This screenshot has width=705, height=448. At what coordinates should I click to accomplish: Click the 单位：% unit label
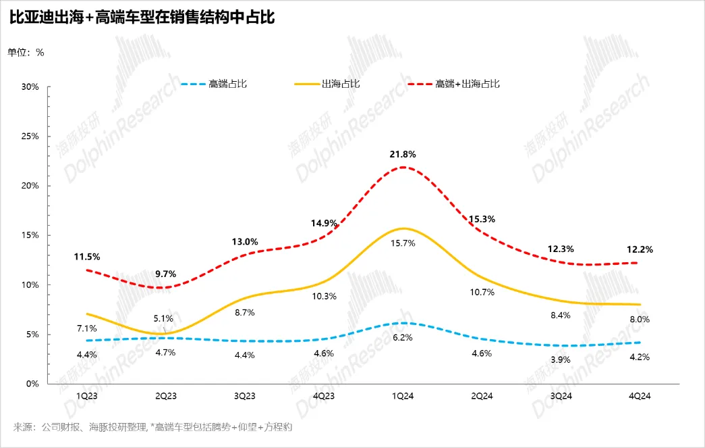click(x=26, y=52)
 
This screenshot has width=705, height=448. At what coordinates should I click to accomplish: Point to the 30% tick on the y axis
click(x=30, y=87)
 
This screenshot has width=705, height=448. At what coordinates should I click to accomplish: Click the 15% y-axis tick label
click(x=30, y=235)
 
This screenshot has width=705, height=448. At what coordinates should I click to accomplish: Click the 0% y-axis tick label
click(x=33, y=384)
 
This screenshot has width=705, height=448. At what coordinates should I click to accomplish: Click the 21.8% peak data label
click(x=403, y=154)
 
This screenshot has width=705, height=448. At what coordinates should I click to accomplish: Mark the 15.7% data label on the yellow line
click(x=403, y=243)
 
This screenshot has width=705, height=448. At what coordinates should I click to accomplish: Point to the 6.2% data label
click(x=403, y=337)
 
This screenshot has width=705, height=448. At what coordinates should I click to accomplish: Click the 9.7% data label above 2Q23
click(x=165, y=274)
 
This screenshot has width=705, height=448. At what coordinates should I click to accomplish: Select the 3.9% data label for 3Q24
click(x=561, y=359)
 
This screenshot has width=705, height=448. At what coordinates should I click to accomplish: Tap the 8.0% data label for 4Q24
click(x=640, y=319)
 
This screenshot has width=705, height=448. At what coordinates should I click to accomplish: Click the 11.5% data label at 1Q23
click(x=87, y=257)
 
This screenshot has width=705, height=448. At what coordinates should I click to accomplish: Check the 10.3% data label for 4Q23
click(x=324, y=296)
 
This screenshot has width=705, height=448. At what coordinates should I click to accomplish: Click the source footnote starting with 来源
click(x=152, y=427)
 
